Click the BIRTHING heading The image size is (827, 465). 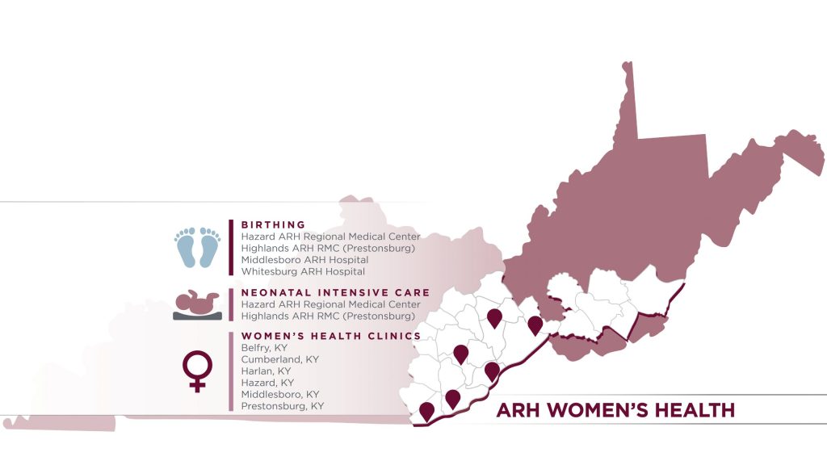(x=274, y=224)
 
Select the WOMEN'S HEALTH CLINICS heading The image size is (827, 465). (x=331, y=336)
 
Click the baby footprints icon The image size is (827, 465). (x=198, y=246)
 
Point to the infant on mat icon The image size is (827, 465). (x=197, y=305)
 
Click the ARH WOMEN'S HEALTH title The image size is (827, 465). (x=615, y=410)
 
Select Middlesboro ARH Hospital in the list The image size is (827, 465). (x=304, y=260)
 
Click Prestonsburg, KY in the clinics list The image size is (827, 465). (x=282, y=406)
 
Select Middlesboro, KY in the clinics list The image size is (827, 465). (x=280, y=394)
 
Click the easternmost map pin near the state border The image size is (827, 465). (x=535, y=324)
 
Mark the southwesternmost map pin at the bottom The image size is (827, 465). (x=426, y=410)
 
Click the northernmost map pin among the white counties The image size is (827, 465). (x=494, y=317)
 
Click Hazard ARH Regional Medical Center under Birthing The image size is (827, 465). (x=330, y=237)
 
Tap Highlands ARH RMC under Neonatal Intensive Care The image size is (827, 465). (x=328, y=316)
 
